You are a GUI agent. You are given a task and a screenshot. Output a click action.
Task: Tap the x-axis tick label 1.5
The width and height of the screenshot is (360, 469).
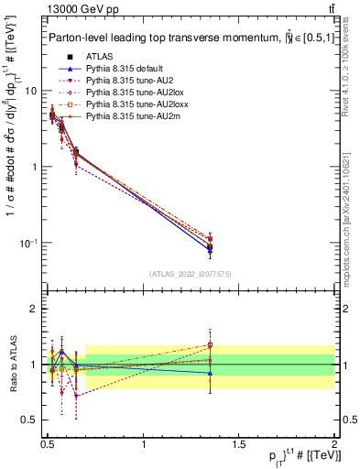(238, 442)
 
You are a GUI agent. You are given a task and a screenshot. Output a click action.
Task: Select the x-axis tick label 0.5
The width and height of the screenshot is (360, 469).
(48, 442)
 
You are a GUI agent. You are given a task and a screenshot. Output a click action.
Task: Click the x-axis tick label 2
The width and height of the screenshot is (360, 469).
(333, 442)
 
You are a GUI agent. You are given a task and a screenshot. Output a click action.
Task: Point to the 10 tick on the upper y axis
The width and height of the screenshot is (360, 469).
(30, 91)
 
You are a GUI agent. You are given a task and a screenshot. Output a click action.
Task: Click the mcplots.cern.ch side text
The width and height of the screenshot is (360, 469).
(352, 211)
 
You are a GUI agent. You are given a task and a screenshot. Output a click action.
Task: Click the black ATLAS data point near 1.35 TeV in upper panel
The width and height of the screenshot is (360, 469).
(211, 247)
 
